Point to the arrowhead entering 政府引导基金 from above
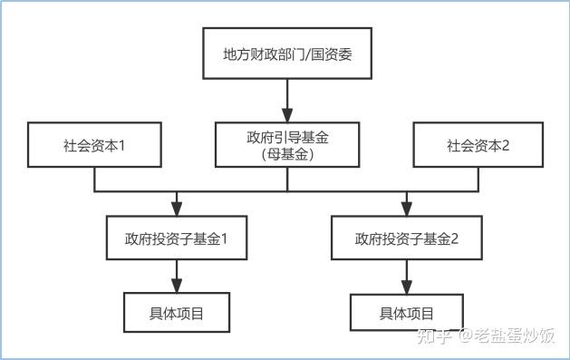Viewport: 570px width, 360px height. tap(287, 115)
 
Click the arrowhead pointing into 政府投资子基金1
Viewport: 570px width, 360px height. tap(176, 209)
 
